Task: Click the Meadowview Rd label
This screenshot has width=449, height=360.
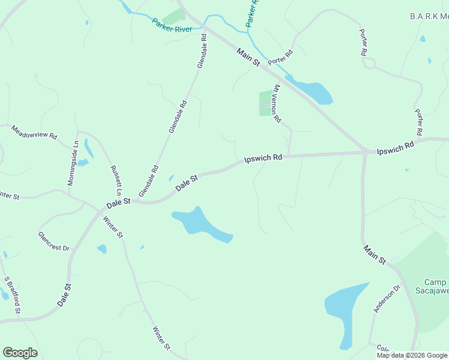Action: pyautogui.click(x=34, y=132)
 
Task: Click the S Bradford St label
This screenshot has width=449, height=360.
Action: pyautogui.click(x=13, y=295)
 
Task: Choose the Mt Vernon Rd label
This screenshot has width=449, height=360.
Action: pyautogui.click(x=277, y=103)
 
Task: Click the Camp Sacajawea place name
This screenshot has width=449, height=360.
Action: pyautogui.click(x=435, y=287)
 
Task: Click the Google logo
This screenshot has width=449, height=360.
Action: pyautogui.click(x=20, y=353)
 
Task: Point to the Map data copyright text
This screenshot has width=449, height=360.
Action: pyautogui.click(x=412, y=355)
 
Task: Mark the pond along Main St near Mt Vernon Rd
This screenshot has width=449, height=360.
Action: pyautogui.click(x=312, y=91)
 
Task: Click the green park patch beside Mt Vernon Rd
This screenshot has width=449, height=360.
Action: pyautogui.click(x=265, y=103)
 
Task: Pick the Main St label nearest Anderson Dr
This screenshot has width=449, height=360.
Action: pyautogui.click(x=374, y=254)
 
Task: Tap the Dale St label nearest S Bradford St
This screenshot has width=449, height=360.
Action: pyautogui.click(x=64, y=295)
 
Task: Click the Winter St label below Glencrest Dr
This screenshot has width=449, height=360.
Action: pyautogui.click(x=161, y=338)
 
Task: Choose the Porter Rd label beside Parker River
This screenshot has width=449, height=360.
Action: pyautogui.click(x=280, y=57)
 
